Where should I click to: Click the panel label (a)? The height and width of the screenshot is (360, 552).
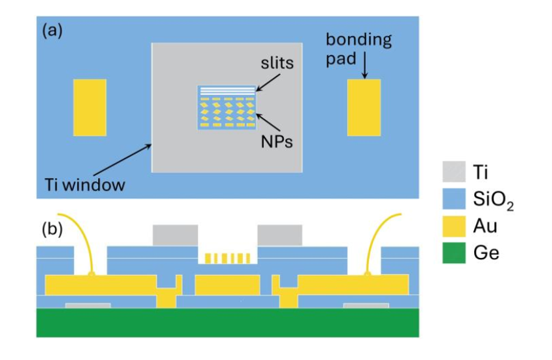pos(52,31)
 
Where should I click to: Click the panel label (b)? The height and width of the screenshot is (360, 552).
pos(52,229)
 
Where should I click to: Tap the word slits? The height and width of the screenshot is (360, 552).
pos(277,63)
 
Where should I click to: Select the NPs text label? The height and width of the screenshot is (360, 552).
pos(277,142)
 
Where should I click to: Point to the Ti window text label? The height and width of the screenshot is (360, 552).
pos(85,185)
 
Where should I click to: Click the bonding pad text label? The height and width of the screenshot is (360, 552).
pos(358,49)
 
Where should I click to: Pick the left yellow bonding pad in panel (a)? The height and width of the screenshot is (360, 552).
pos(90,107)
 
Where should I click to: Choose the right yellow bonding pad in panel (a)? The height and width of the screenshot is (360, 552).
pos(364,107)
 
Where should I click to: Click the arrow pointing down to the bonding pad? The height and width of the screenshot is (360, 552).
pos(365,65)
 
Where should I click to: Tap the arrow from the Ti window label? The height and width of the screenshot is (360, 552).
pos(123,160)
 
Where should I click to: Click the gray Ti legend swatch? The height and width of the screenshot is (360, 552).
pos(454,172)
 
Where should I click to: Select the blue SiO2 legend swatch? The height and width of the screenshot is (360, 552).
pos(454,199)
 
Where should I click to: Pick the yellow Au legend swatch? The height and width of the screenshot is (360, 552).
pos(454,225)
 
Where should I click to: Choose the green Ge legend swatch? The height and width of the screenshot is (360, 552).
pos(454,253)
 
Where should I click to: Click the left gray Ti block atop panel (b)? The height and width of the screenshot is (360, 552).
pos(175,235)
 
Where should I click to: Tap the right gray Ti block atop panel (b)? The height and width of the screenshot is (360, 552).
pos(280,235)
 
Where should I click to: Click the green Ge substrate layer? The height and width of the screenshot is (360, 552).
pos(228,323)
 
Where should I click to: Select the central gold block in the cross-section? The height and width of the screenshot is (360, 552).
pos(227,285)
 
